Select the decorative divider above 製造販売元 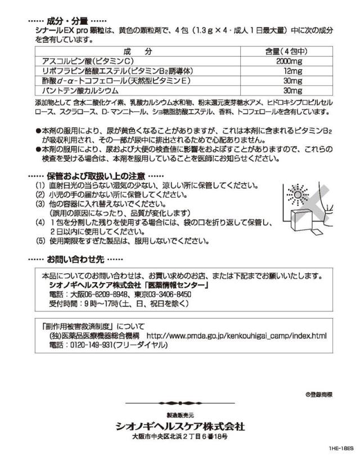point(180,402)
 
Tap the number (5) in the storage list point(40,242)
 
